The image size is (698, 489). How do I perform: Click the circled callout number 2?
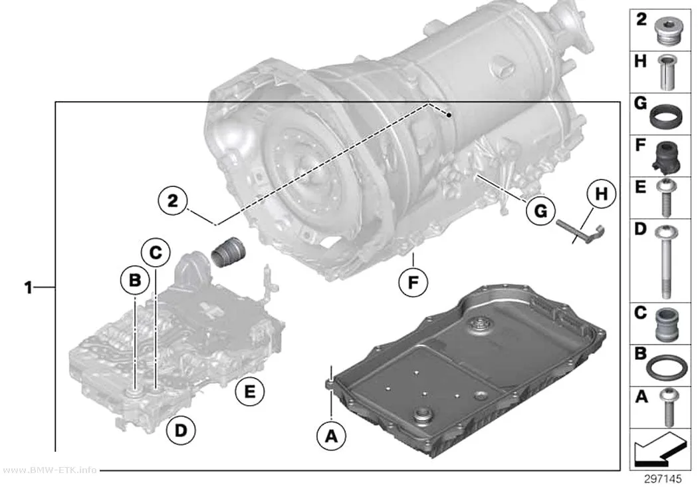tap(173, 201)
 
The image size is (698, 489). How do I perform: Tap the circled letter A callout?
tap(331, 436)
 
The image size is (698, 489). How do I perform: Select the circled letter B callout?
tap(135, 280)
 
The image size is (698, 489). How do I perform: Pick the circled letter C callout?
tap(156, 253)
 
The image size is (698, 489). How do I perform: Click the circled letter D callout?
tap(181, 430)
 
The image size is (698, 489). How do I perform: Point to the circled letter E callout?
tap(250, 391)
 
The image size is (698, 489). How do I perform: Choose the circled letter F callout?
tap(413, 282)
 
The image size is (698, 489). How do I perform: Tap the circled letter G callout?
tap(540, 210)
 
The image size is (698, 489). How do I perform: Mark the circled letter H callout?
tap(602, 194)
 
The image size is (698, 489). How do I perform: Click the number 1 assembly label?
tap(28, 288)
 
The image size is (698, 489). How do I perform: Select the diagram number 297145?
tap(662, 479)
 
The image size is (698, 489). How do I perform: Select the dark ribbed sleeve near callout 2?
tap(229, 251)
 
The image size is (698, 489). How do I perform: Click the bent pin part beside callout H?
tap(581, 232)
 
